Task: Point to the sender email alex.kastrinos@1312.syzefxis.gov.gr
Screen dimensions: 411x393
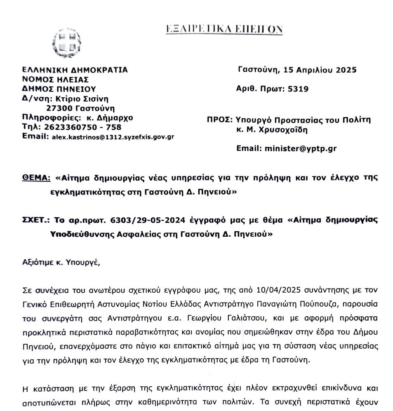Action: tap(113, 137)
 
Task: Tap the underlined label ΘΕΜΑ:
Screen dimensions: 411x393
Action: tap(36, 178)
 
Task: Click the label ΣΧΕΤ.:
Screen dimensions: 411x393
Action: tap(36, 221)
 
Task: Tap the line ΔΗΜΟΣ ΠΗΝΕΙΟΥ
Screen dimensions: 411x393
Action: tap(59, 89)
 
